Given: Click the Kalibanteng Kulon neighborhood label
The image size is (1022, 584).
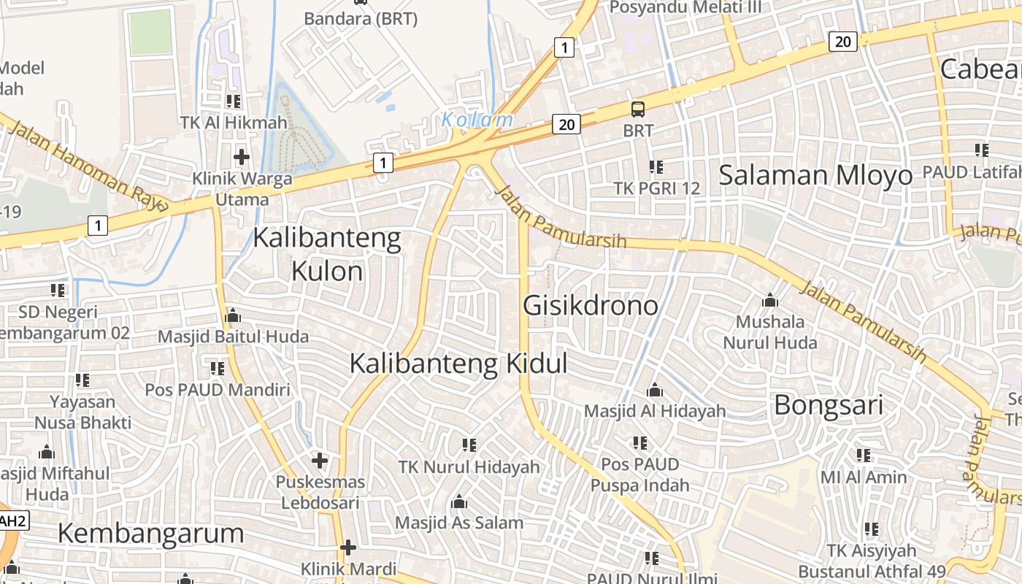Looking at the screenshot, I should (327, 255).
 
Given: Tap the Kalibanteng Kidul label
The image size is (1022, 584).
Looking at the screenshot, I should (458, 364).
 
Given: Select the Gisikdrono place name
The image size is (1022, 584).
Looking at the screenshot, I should (591, 305).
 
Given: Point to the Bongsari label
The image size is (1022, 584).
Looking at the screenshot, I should (829, 405).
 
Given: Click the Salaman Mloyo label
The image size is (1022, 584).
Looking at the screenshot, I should (815, 175).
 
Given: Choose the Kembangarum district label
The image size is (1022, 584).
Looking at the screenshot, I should (150, 533).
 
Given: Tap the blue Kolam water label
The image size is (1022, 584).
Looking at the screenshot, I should (477, 120).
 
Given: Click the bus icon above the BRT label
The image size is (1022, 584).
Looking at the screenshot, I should (638, 109).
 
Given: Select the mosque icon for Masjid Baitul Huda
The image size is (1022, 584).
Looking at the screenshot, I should (233, 315).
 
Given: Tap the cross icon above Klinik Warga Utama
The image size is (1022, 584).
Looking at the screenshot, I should (242, 156).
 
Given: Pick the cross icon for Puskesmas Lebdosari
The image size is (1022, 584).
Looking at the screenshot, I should (319, 461).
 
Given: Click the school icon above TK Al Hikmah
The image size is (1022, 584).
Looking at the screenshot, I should (234, 101).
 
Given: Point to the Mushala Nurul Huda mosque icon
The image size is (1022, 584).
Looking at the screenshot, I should (769, 300).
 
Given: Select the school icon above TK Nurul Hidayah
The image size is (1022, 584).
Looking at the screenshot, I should (469, 445).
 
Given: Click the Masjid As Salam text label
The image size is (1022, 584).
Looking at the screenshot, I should (459, 523).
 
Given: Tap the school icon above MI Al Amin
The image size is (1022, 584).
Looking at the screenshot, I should (864, 456).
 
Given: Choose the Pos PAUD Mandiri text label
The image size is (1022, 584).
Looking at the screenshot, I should (218, 390).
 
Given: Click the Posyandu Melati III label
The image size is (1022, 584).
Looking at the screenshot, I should (685, 7).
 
